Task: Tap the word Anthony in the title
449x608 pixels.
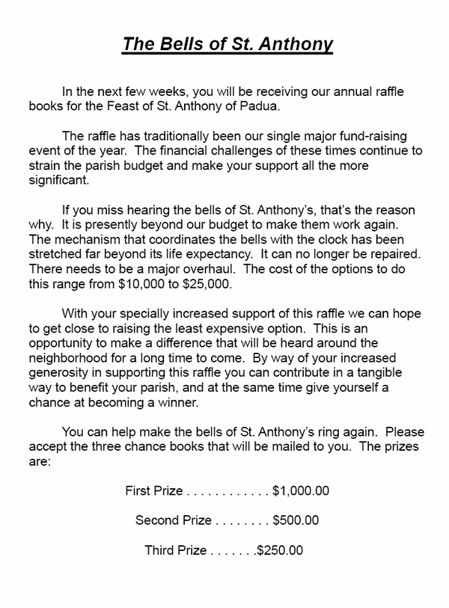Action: (296, 43)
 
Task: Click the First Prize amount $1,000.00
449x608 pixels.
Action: (301, 492)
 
